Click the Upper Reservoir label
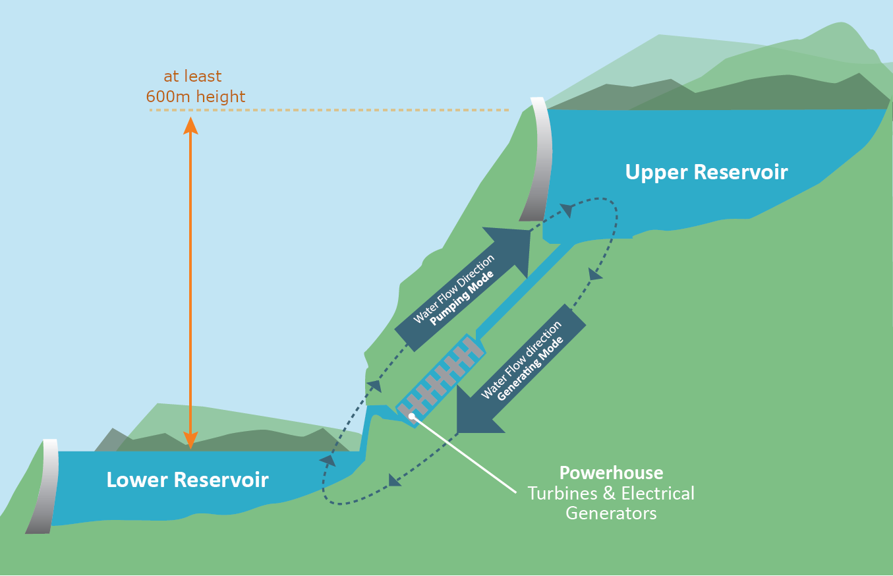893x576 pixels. (x=706, y=173)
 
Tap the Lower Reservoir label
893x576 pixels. (x=187, y=480)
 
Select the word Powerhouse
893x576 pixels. (x=611, y=473)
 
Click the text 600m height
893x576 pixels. (x=196, y=97)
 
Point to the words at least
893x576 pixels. (x=192, y=76)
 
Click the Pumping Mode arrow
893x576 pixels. (x=461, y=290)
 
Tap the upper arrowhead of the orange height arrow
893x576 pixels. (x=190, y=125)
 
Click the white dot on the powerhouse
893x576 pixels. (x=412, y=416)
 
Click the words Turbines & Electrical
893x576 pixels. (x=611, y=493)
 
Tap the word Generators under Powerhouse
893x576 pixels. (x=611, y=513)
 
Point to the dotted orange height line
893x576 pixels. (x=330, y=110)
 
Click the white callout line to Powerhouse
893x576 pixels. (x=465, y=455)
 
